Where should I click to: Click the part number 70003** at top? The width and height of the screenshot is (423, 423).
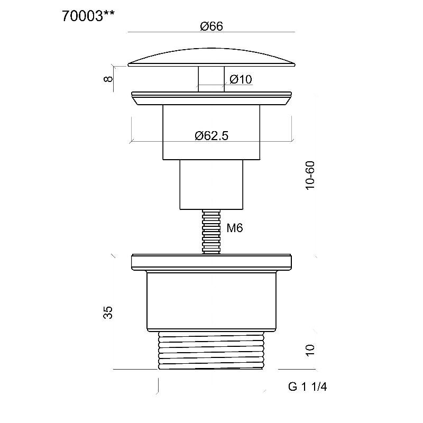click(88, 16)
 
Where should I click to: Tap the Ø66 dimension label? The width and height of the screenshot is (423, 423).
click(212, 26)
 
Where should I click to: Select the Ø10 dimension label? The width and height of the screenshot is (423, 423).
click(241, 79)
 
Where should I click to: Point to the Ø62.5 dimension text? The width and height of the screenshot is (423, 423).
click(212, 135)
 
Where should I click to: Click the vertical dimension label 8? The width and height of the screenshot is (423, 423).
click(108, 79)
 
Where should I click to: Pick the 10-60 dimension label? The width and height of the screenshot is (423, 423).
click(310, 176)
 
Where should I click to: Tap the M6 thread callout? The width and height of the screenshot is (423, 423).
click(234, 228)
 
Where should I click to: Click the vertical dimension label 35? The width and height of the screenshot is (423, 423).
click(108, 312)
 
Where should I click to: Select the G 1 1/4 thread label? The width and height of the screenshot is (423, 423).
click(307, 387)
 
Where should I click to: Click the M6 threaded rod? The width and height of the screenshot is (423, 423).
click(212, 232)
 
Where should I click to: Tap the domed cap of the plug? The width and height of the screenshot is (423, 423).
click(212, 58)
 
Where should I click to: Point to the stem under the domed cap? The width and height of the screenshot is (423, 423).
click(212, 79)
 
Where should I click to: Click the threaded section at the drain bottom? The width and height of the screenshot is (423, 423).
click(211, 350)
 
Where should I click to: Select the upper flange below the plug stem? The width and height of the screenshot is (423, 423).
click(212, 98)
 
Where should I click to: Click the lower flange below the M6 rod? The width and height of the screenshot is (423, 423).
click(212, 262)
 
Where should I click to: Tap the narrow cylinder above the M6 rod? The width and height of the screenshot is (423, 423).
click(212, 185)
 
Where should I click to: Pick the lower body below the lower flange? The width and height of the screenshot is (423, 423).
click(212, 301)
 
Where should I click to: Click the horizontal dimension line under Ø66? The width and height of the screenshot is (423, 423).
click(212, 32)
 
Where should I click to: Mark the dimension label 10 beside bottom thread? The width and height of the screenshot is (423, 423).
click(310, 351)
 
